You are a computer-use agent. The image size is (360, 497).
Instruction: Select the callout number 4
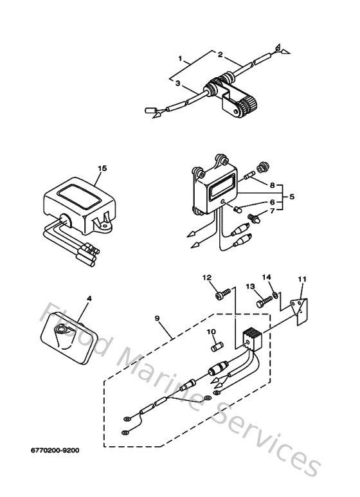pos(89,298)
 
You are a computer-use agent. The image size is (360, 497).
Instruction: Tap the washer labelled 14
pos(275,295)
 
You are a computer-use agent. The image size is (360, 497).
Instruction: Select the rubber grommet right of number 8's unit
pos(262,168)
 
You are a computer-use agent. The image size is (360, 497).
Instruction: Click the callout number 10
pos(210,332)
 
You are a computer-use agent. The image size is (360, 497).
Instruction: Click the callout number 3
pos(175,82)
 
